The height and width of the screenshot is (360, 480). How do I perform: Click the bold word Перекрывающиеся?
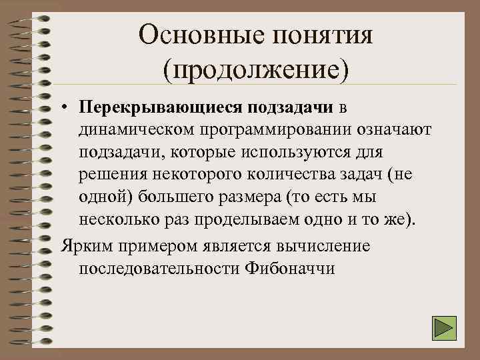click(x=161, y=107)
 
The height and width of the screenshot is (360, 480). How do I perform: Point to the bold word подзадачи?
click(x=291, y=107)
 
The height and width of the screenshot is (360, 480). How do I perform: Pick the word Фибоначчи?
click(x=289, y=267)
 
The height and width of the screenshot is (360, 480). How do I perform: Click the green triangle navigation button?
click(x=441, y=329)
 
